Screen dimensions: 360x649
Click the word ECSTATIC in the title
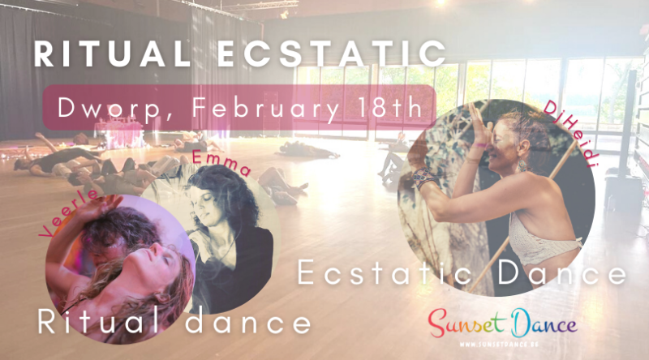click(324, 55)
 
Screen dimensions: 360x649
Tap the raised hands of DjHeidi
click(475, 134)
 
